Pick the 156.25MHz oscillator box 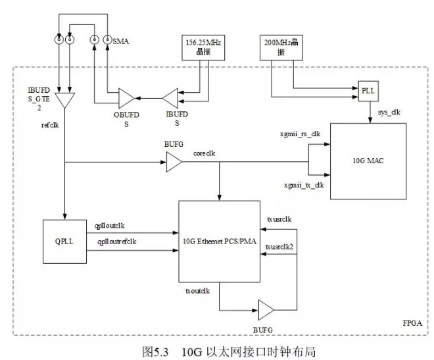pos(202,47)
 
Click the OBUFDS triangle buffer pos(125,98)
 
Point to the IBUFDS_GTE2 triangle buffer pos(65,100)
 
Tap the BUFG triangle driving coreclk pos(174,160)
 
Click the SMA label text pos(121,41)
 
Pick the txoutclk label pos(197,290)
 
